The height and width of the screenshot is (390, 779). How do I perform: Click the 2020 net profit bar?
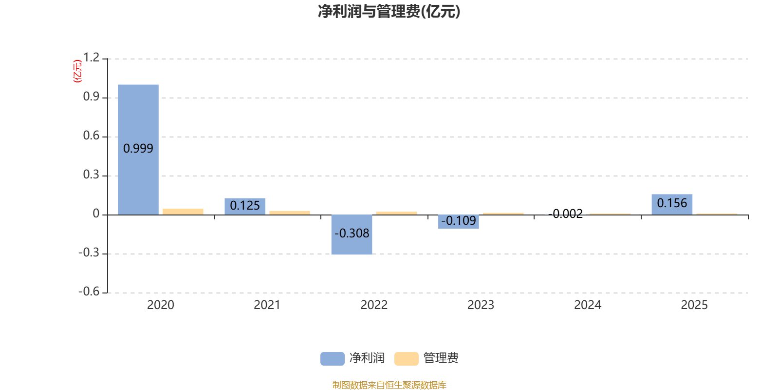point(138,117)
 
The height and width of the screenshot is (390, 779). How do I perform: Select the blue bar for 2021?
point(245,206)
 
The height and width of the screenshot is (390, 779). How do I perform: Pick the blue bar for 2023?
point(459,225)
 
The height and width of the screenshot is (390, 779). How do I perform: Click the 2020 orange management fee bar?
point(183,212)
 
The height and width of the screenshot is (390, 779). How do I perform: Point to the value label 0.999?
point(138,149)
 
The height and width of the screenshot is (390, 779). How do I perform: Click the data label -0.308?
point(352,234)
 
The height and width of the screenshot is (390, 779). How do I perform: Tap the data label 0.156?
point(672,203)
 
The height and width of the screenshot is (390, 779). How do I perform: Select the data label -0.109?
point(459,221)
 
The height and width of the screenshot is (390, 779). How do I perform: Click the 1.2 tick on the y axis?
point(91,58)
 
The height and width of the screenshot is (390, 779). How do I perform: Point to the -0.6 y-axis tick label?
point(89,292)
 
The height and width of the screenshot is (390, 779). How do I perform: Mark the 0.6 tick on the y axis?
point(91,136)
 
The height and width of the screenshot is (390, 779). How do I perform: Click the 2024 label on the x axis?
point(588,305)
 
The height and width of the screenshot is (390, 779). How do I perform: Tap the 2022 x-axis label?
point(374,305)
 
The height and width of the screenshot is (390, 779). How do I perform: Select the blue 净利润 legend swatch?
point(333,359)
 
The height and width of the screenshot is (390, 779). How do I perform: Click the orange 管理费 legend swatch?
point(407,359)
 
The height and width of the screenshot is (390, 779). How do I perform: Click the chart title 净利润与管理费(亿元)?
point(389,12)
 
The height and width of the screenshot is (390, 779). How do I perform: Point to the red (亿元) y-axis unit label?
point(77,71)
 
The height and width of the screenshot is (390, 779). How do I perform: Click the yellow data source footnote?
point(389,385)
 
